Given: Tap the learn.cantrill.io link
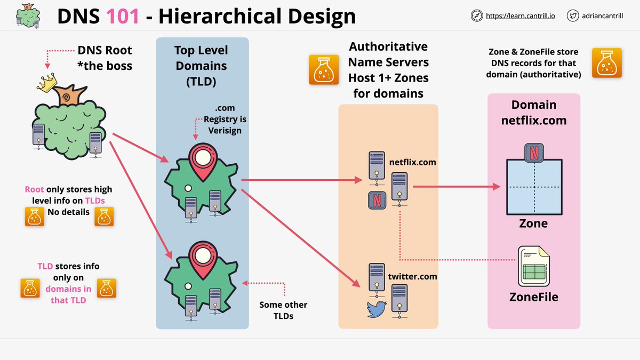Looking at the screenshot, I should coord(520,16).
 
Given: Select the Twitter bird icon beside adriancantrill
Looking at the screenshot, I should coord(573,16).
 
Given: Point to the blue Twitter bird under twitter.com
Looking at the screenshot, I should coord(377,309).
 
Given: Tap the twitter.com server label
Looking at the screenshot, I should coord(412,276).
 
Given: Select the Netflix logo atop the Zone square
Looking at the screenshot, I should coord(533,152).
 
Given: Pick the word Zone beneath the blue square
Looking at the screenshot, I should coord(533,223).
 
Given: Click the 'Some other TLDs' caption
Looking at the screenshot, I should coord(283,310).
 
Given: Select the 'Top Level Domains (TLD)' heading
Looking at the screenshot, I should coord(202,66).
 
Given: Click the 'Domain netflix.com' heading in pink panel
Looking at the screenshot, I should coord(533,112).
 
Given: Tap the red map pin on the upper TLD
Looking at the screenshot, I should coord(202,158).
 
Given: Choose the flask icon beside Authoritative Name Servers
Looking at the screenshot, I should coord(324,70).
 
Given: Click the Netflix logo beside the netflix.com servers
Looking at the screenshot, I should coord(377,201).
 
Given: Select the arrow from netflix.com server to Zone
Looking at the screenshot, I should coord(456,187).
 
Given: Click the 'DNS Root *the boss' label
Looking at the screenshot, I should coord(105,58).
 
